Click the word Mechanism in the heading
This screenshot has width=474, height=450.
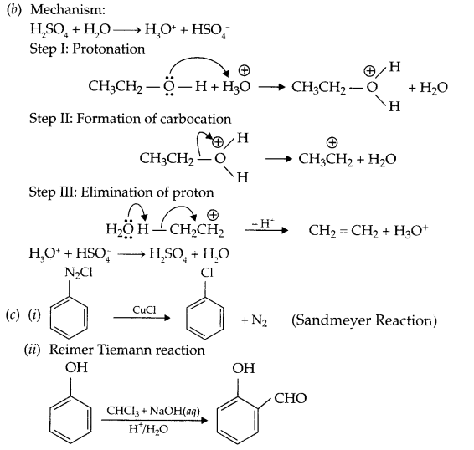coord(59,11)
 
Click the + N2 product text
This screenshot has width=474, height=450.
coord(255,320)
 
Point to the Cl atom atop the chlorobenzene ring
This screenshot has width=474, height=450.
coord(207,273)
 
